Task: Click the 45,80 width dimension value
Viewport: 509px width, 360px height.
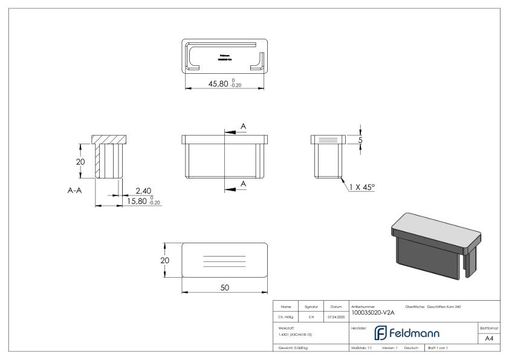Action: click(x=218, y=84)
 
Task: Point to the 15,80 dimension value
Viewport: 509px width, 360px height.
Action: click(x=134, y=201)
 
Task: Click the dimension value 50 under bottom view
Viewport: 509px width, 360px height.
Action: click(x=224, y=287)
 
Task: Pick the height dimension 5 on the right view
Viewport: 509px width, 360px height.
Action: click(x=361, y=140)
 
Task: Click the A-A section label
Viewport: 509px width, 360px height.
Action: click(x=75, y=189)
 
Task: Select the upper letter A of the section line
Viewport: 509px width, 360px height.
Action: click(x=244, y=126)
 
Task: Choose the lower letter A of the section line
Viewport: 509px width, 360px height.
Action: click(x=244, y=183)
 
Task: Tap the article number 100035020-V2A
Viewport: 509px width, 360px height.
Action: click(x=372, y=313)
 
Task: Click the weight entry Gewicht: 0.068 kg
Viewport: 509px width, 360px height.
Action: click(x=293, y=349)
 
